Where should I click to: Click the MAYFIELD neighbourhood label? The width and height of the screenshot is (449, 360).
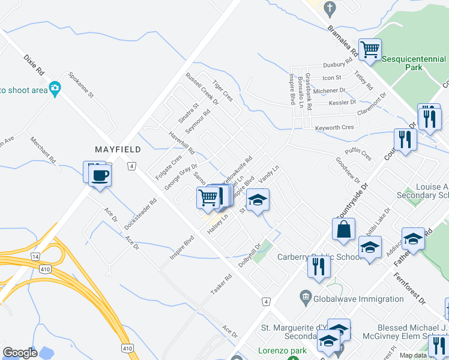click(x=118, y=149)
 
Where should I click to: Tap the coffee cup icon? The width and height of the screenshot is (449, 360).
click(x=100, y=176)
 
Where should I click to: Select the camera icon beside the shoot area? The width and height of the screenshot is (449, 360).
click(x=55, y=89)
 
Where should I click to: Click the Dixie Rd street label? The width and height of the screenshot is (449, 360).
click(x=35, y=65)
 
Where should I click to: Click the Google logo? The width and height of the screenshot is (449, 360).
click(x=20, y=352)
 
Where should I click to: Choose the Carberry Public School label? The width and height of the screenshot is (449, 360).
click(x=319, y=257)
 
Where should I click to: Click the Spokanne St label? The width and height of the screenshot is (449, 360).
click(x=82, y=85)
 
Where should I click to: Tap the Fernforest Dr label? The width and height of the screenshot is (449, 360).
click(x=409, y=289)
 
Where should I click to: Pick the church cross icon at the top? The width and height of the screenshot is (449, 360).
click(x=329, y=8)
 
